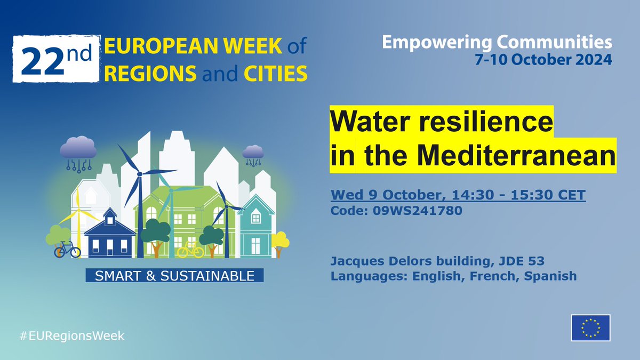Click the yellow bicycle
[x=190, y=249]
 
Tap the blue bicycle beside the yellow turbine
[x=67, y=249]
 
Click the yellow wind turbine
[x=78, y=213]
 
